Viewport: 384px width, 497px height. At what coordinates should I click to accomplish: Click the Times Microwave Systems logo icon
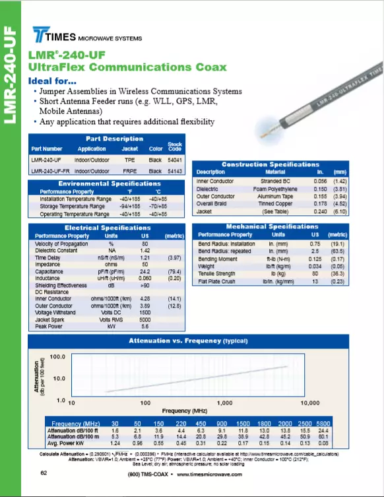44,36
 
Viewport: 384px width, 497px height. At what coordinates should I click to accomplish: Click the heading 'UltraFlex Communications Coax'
127,67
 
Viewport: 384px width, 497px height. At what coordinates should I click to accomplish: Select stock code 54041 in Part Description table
175,160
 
